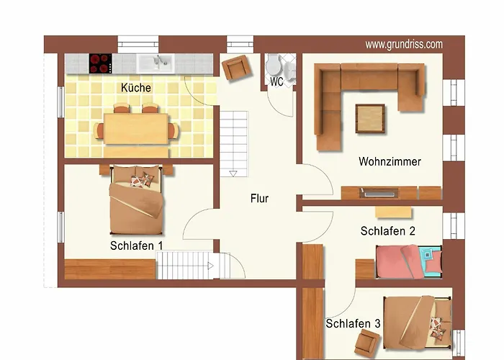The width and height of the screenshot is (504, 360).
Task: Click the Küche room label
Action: [x=136, y=88]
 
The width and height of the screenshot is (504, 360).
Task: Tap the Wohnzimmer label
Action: [x=390, y=161]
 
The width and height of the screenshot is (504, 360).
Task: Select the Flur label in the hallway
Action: [x=259, y=198]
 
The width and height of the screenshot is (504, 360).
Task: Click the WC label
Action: [x=276, y=81]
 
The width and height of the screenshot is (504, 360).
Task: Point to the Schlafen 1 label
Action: [x=137, y=246]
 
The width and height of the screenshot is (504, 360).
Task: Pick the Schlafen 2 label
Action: [x=387, y=231]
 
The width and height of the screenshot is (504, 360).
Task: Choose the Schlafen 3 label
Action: [x=353, y=324]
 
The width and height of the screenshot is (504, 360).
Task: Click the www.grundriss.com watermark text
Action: [x=404, y=45]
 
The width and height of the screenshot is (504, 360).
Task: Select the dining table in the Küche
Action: [x=136, y=128]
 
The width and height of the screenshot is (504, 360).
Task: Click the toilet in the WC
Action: [x=274, y=67]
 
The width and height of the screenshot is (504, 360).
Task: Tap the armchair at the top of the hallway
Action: [x=235, y=68]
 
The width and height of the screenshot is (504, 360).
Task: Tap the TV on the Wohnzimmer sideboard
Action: [x=379, y=192]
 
